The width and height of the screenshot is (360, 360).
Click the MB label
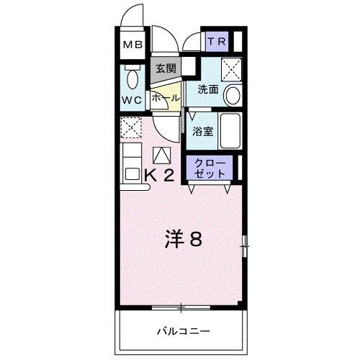[132, 45]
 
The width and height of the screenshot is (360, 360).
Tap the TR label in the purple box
[217, 42]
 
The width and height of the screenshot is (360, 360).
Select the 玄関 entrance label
[165, 69]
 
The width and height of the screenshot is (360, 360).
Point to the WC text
[132, 99]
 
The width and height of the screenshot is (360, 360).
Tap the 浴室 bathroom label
[203, 131]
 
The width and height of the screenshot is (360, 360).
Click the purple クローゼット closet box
[210, 169]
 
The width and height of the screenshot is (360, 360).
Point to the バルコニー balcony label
[184, 331]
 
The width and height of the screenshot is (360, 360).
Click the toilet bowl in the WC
[132, 78]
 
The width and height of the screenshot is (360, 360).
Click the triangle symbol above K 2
[162, 154]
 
